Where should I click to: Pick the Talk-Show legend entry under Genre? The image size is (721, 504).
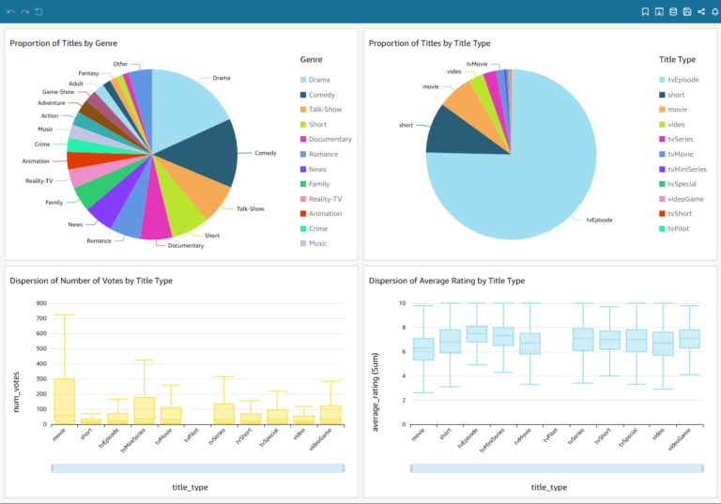(325, 110)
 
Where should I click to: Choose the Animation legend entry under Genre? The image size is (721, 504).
(325, 213)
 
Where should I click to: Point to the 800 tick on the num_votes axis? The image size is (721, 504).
(40, 303)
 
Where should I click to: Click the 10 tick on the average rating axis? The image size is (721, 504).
(401, 303)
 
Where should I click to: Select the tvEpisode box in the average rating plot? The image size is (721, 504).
(477, 334)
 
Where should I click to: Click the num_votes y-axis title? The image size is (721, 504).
(15, 363)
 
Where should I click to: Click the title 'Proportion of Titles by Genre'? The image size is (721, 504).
(64, 43)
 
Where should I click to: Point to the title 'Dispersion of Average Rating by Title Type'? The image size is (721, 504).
(446, 281)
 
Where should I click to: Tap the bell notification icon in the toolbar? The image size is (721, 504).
(714, 11)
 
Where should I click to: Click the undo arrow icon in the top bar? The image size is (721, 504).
(10, 11)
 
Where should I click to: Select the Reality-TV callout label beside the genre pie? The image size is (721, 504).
(38, 180)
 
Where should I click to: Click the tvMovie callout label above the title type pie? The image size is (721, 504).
(477, 64)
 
